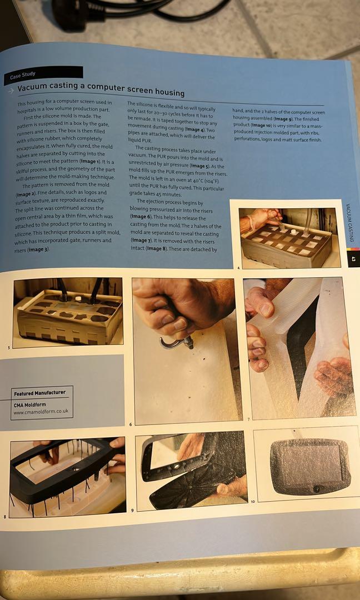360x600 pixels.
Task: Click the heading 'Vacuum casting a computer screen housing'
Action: click(101, 88)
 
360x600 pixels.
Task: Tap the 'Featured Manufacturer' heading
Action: click(39, 393)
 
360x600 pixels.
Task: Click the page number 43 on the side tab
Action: click(352, 259)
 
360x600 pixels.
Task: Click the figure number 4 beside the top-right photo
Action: click(238, 268)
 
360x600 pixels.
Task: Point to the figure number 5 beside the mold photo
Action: click(8, 348)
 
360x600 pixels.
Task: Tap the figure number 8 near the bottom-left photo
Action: click(5, 517)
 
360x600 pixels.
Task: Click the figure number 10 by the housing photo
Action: click(252, 502)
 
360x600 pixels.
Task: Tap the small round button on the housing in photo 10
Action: click(316, 489)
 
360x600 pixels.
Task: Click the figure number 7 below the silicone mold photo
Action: click(248, 418)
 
